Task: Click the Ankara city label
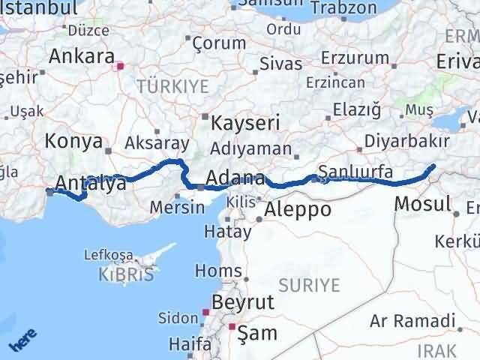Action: [81, 56]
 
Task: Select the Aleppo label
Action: [298, 209]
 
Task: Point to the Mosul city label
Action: [422, 202]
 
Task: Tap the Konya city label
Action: [73, 140]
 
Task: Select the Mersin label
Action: [177, 208]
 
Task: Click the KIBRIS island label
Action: [125, 274]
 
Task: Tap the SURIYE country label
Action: [310, 285]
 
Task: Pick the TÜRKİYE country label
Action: [172, 86]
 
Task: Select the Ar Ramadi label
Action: [412, 321]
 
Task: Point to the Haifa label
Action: [190, 344]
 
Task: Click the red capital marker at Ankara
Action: [118, 67]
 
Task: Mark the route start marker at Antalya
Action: [49, 192]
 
